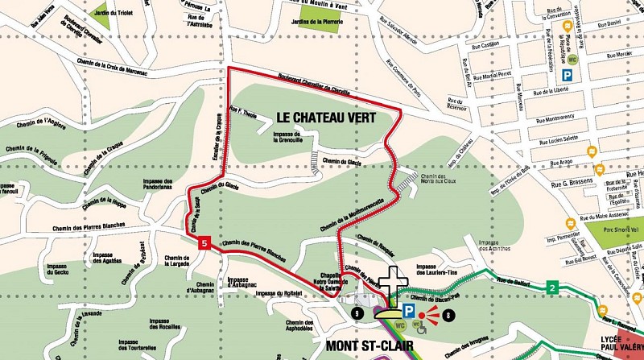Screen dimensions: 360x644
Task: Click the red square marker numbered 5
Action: [205, 242]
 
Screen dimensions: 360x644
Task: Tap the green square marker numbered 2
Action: [552, 288]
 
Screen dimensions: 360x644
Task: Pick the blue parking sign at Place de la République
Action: [568, 74]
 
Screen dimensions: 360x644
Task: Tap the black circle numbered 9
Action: [357, 312]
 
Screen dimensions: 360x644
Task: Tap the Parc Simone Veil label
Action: [622, 231]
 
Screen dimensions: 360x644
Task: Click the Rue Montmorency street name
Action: [555, 127]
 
